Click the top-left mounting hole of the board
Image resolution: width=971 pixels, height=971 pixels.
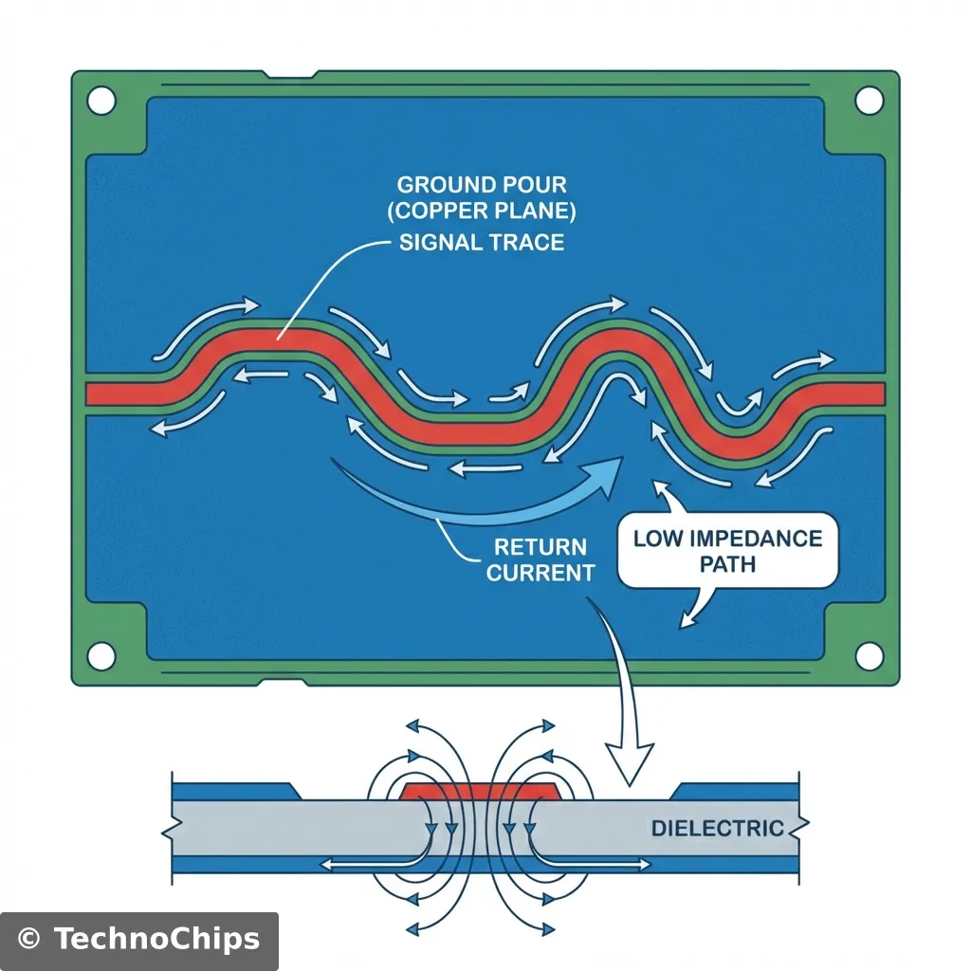pos(101,99)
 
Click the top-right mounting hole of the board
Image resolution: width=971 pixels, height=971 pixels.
pos(869,99)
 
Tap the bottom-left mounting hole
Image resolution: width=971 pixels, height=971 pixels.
pos(101,654)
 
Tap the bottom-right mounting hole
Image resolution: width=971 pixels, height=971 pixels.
pos(869,654)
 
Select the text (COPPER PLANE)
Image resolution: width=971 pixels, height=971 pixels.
pos(482,212)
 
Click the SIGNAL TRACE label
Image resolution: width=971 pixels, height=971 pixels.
pos(482,242)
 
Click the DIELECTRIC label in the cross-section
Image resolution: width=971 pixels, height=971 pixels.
pos(717,828)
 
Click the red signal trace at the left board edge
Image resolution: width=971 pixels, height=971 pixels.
pos(104,394)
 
